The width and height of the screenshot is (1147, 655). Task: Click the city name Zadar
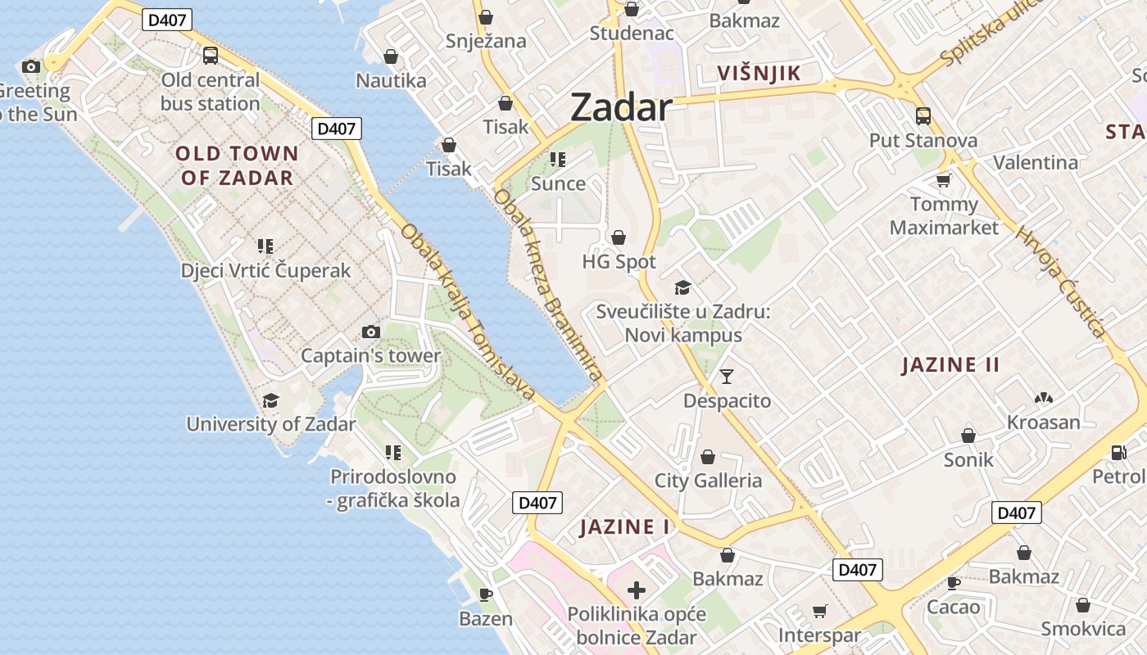click(x=621, y=107)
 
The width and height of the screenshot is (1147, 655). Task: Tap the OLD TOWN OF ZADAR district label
click(x=237, y=165)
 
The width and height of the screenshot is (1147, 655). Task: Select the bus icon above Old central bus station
click(x=211, y=56)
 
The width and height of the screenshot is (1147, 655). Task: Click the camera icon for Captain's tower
click(x=371, y=332)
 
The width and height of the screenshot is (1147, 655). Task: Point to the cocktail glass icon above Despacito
click(x=727, y=377)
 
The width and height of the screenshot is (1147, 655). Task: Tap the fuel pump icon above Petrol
click(x=1118, y=452)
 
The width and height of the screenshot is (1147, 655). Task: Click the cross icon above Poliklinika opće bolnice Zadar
click(x=636, y=589)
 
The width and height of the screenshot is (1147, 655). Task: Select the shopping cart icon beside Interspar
click(x=819, y=611)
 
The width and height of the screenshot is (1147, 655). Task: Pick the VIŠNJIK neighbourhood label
click(x=759, y=74)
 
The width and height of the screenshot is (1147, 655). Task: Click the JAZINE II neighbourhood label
click(x=950, y=365)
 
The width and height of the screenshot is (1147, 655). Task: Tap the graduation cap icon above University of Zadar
click(x=270, y=400)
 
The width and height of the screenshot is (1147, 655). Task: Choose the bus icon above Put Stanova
click(x=923, y=116)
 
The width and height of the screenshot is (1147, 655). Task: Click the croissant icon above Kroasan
click(x=1043, y=399)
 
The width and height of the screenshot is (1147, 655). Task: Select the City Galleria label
click(x=708, y=481)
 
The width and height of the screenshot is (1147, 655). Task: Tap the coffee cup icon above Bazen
click(x=485, y=594)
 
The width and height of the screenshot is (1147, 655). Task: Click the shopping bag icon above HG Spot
click(x=619, y=237)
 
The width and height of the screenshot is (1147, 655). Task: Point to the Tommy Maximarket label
click(x=945, y=215)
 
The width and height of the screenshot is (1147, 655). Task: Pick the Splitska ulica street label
click(x=992, y=33)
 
